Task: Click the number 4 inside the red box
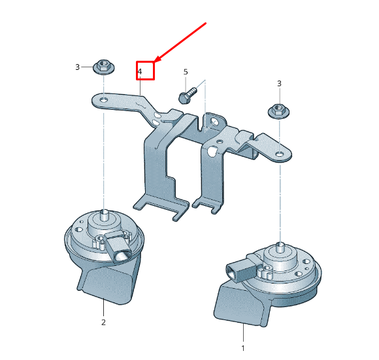(140, 71)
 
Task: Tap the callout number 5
(185, 72)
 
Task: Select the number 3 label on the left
(77, 67)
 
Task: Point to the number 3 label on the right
(279, 83)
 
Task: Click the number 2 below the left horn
(103, 321)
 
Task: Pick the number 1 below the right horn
(243, 348)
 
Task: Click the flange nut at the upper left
(103, 66)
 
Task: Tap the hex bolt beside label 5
(186, 95)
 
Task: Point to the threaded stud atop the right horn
(279, 248)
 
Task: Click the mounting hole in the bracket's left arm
(103, 99)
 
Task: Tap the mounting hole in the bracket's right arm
(279, 155)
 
